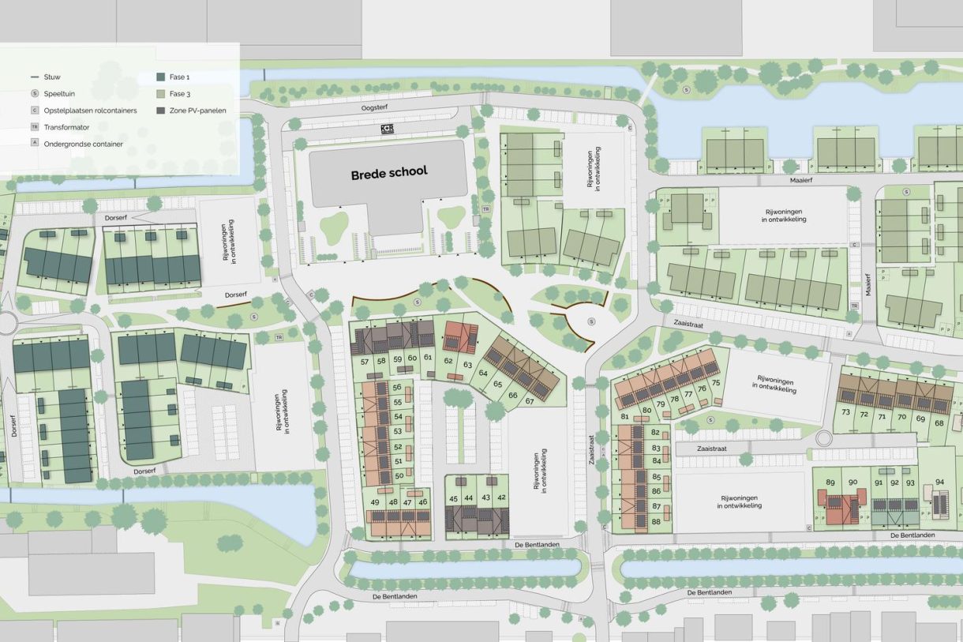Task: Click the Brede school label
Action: (x=389, y=172)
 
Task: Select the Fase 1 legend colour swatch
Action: (x=162, y=77)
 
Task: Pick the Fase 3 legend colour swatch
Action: (x=162, y=94)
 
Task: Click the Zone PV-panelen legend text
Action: (x=197, y=111)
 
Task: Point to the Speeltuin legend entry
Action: (x=58, y=94)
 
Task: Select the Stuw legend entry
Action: (x=52, y=77)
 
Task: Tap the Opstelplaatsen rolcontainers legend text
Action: (x=90, y=111)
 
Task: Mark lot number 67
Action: (x=530, y=400)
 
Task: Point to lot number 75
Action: (x=716, y=382)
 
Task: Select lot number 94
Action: (x=939, y=482)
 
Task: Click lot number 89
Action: (x=830, y=482)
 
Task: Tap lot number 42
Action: (x=502, y=498)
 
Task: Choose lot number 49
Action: (x=374, y=502)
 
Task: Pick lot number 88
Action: (x=657, y=520)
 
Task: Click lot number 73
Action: (x=845, y=415)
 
